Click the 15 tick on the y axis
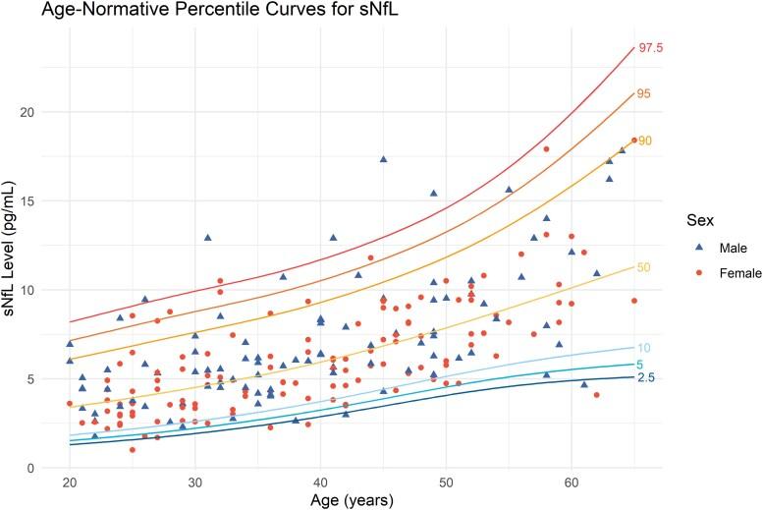[x=40, y=201]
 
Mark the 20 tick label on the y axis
[x=40, y=112]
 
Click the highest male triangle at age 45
[x=383, y=159]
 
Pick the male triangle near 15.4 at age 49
[x=433, y=194]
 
